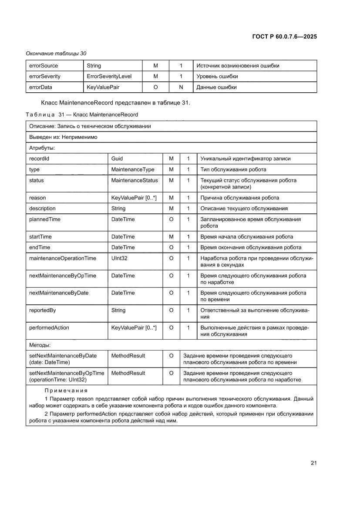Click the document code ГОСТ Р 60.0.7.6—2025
click(284, 37)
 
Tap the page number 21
click(313, 463)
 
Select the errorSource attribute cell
click(44, 66)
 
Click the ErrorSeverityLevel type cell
click(109, 76)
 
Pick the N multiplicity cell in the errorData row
click(181, 87)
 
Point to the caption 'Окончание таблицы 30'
click(56, 54)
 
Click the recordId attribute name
click(39, 159)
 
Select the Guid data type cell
click(117, 159)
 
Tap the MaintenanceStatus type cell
click(135, 180)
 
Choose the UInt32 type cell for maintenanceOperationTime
click(119, 258)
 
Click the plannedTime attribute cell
click(44, 219)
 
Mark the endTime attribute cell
click(39, 247)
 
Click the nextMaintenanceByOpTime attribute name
click(63, 276)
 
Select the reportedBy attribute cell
click(42, 310)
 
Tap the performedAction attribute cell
click(49, 327)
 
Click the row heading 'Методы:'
click(40, 345)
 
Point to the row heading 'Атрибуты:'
click(42, 148)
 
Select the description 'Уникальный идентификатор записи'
click(245, 159)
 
